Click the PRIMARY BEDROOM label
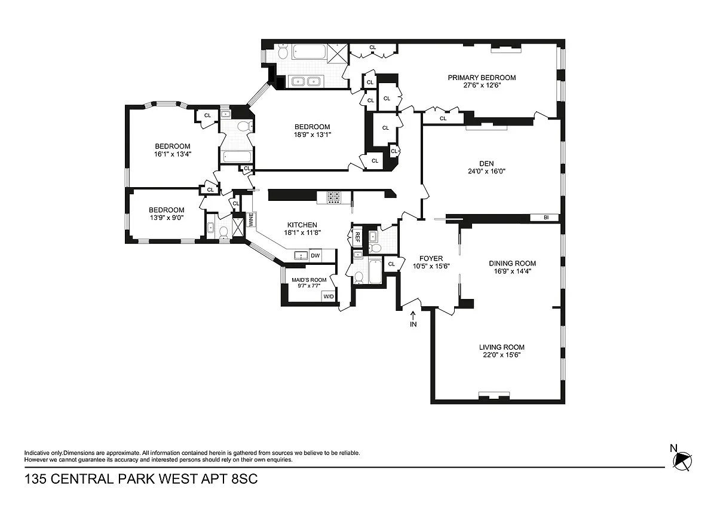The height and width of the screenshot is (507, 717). click(482, 78)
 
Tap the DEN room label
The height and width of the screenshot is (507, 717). click(486, 164)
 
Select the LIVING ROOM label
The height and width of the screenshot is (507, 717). click(501, 347)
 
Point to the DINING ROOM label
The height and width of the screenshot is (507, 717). click(512, 263)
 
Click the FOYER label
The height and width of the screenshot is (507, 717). click(431, 258)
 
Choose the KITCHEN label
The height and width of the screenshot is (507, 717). click(302, 225)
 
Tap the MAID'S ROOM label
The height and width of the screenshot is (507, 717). click(309, 280)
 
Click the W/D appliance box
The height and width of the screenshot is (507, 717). click(329, 297)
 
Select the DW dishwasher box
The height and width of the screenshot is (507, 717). click(315, 255)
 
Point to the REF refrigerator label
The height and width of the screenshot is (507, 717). click(357, 237)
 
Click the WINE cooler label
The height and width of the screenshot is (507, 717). click(251, 220)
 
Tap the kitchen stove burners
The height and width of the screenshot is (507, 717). click(334, 197)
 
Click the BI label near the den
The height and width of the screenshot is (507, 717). click(546, 218)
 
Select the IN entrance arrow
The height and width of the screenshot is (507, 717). click(413, 316)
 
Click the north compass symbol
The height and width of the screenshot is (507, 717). click(682, 462)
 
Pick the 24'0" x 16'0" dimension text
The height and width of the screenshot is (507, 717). click(486, 172)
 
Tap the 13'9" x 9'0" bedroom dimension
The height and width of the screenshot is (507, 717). click(167, 218)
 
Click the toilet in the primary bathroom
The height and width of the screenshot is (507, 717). click(283, 51)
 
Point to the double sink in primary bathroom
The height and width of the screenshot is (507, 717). click(306, 82)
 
